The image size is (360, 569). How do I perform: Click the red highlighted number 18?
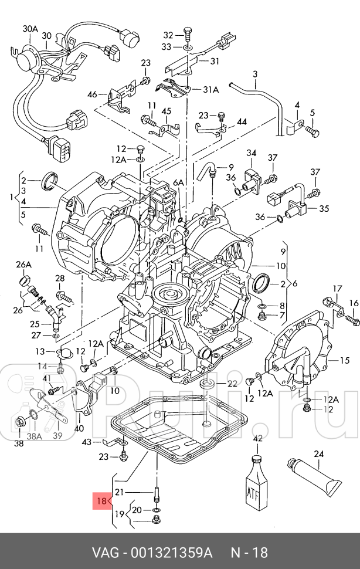tap(102, 501)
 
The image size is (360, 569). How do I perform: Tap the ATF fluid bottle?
tap(257, 485)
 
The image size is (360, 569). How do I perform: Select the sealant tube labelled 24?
tap(313, 477)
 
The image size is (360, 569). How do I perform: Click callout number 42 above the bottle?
tap(257, 439)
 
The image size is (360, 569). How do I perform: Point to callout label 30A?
tap(30, 29)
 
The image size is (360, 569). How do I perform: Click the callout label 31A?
tap(210, 89)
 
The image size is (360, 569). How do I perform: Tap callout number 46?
tap(93, 94)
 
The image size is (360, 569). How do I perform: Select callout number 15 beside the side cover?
tap(344, 360)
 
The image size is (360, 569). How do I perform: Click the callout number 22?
tap(232, 384)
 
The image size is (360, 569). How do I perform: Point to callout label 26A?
tap(23, 265)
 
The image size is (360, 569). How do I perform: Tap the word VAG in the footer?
tap(105, 553)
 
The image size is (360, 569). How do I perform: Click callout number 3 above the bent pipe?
tap(255, 74)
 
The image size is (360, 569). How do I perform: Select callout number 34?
tap(252, 153)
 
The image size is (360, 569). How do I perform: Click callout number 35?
tap(324, 208)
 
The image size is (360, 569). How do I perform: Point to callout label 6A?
tap(178, 182)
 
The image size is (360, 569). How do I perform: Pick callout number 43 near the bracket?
tap(87, 442)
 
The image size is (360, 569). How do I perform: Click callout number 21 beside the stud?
tap(119, 492)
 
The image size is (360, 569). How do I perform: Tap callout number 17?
tap(337, 289)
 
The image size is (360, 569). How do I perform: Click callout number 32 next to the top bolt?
tap(168, 35)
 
